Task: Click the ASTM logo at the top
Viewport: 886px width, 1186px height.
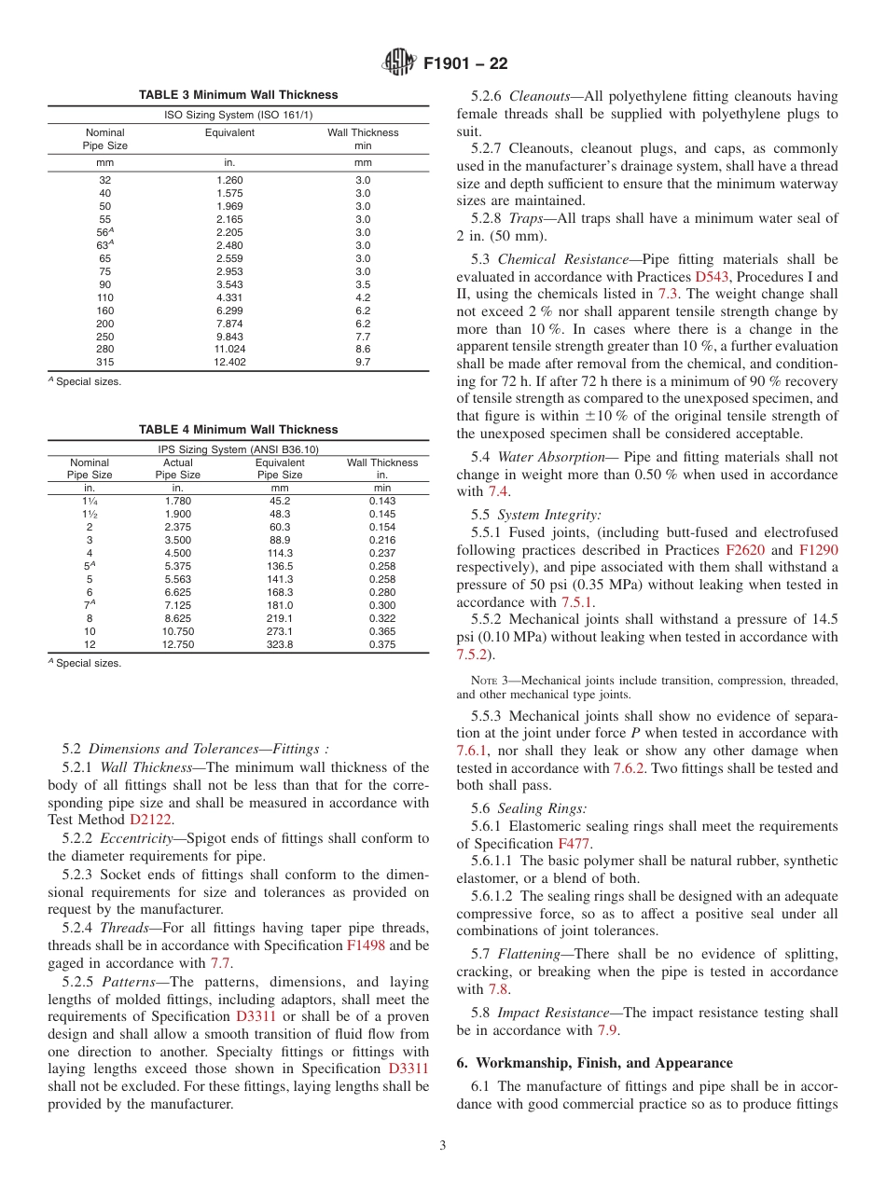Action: [400, 64]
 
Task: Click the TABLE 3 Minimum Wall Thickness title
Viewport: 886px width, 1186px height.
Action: [238, 95]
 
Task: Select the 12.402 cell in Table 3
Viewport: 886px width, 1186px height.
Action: [230, 362]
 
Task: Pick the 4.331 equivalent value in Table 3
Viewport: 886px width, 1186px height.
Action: [230, 297]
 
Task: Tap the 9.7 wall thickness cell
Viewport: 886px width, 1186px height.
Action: [363, 362]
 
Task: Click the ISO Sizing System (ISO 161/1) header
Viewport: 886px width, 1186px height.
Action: [238, 114]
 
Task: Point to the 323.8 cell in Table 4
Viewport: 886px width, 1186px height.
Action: [280, 644]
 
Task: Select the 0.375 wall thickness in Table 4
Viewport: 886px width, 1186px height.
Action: [381, 644]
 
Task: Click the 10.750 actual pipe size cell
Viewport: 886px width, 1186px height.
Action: [178, 631]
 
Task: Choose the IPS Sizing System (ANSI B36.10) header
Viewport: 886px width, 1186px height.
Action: [238, 448]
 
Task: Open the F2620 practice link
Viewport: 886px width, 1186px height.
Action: [745, 550]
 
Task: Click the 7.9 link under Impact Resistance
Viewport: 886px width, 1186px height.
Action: [606, 1030]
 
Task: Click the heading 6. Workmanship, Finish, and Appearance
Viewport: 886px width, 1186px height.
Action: [594, 1063]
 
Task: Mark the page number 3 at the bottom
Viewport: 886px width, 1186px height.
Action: [443, 1145]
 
